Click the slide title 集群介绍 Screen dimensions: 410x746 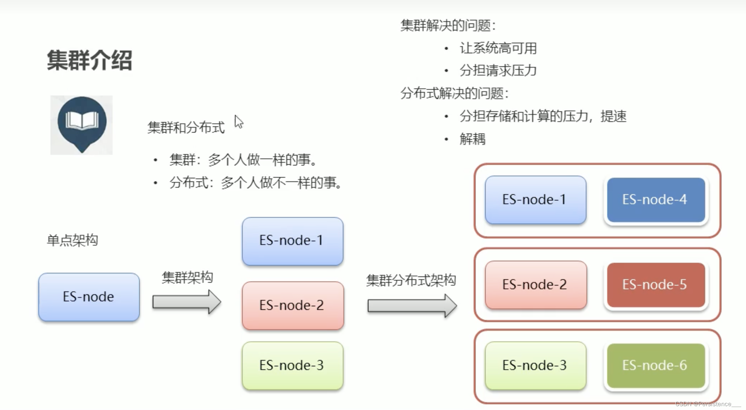click(x=89, y=60)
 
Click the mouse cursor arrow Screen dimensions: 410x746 click(x=239, y=122)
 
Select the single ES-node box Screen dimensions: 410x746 click(x=89, y=297)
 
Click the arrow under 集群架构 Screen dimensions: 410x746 click(x=187, y=302)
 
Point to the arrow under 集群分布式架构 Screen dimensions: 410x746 click(x=412, y=306)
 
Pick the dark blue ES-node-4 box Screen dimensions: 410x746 click(x=656, y=200)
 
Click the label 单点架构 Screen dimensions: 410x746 click(x=72, y=240)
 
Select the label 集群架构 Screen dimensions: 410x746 click(x=187, y=278)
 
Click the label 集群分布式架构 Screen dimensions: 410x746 click(x=411, y=280)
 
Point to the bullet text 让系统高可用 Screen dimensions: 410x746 click(x=498, y=48)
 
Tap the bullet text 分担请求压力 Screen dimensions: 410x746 click(x=498, y=71)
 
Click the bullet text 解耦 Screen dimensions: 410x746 click(x=472, y=139)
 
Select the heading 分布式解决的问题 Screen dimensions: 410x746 click(x=454, y=93)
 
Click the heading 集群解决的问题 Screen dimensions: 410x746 click(x=447, y=25)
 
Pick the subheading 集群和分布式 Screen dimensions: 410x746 click(x=186, y=128)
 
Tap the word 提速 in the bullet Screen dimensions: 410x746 click(x=613, y=116)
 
